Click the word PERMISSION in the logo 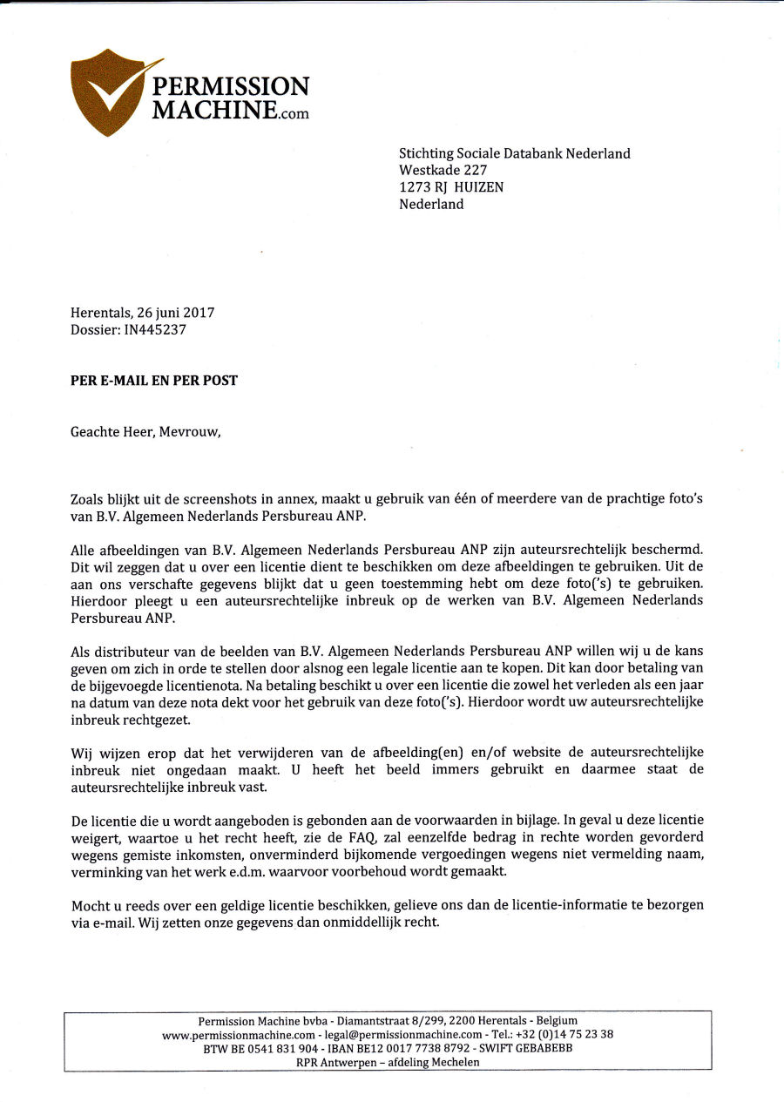pyautogui.click(x=230, y=87)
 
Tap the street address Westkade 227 pyautogui.click(x=443, y=171)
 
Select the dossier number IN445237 pyautogui.click(x=155, y=329)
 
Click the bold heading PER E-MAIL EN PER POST pyautogui.click(x=154, y=381)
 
